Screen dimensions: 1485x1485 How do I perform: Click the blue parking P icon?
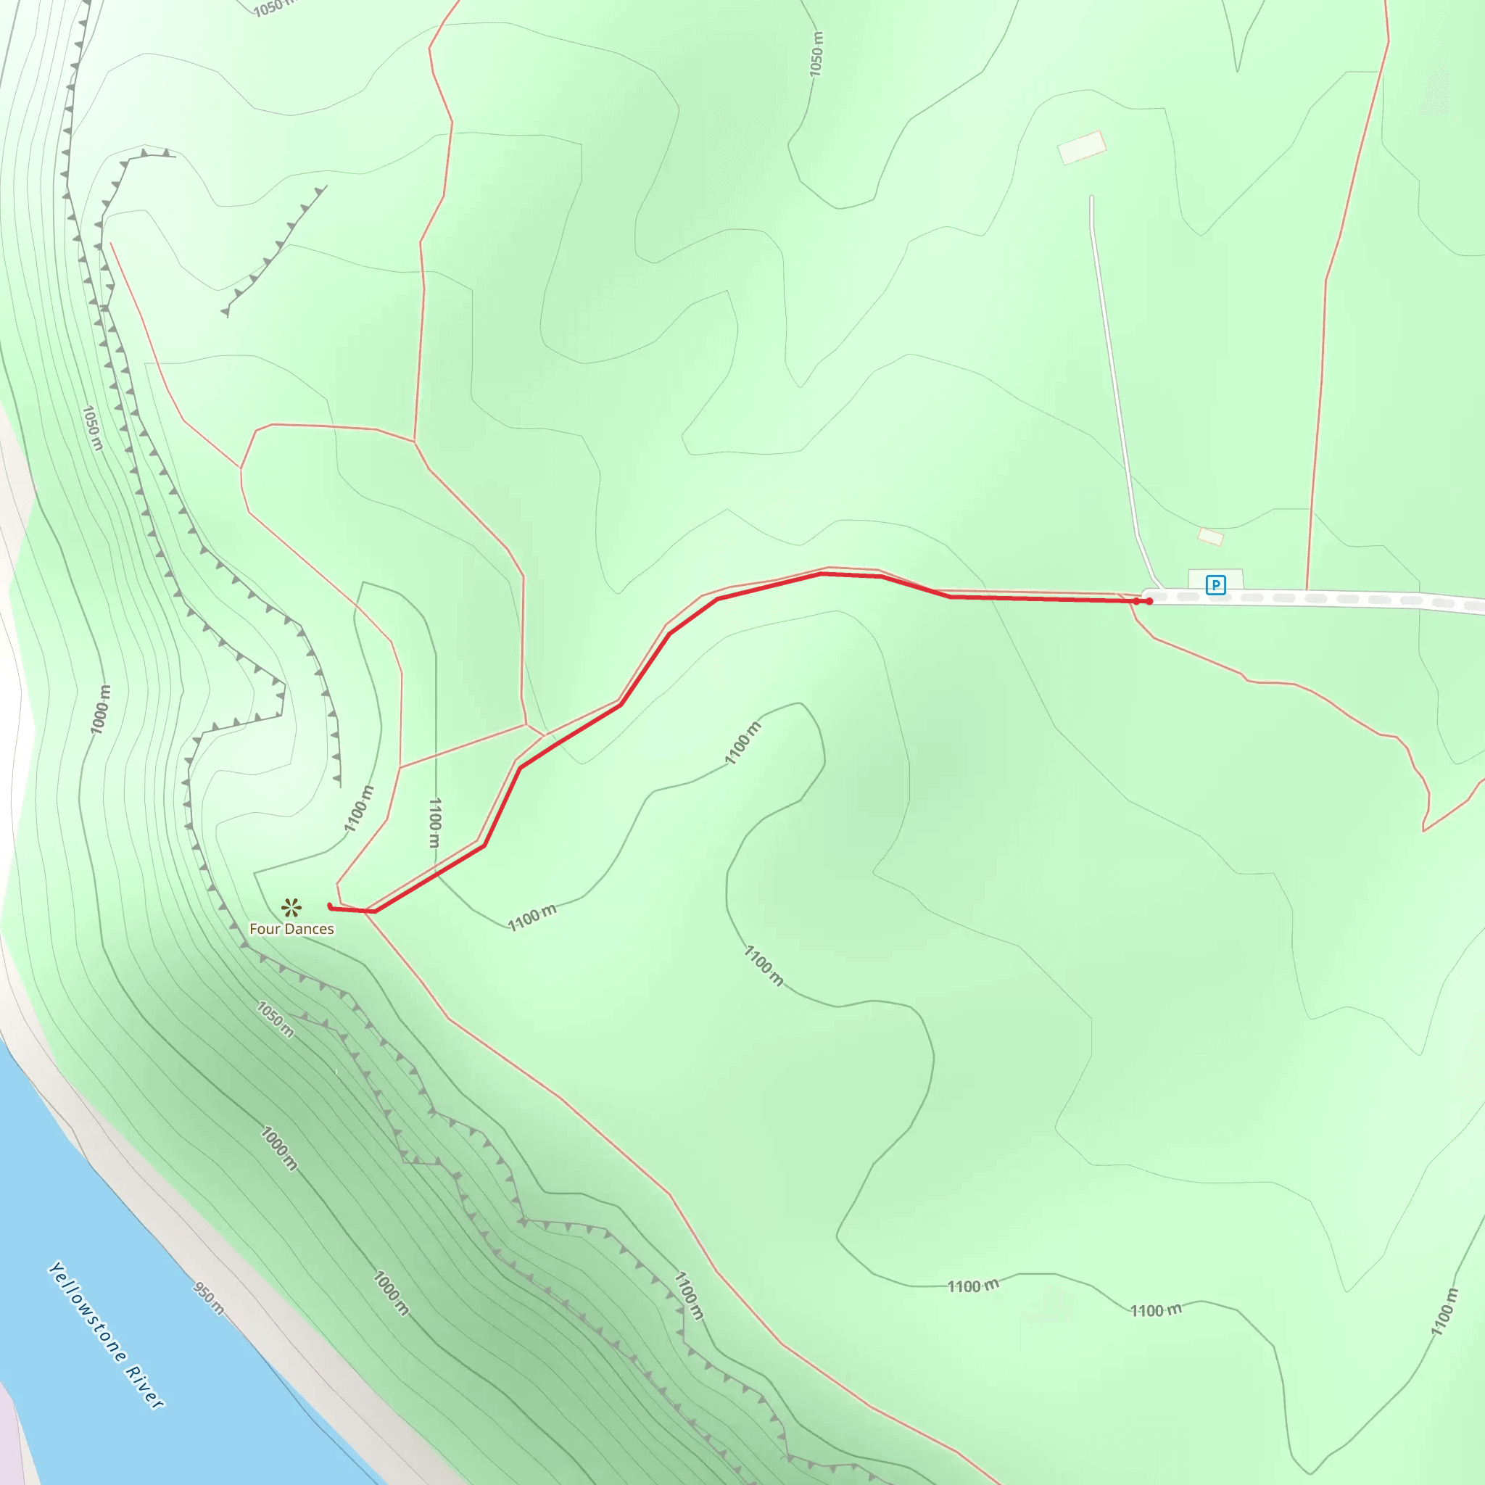tap(1215, 585)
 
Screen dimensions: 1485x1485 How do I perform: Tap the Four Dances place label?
tap(291, 929)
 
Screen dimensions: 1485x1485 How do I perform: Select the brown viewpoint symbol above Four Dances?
tap(291, 908)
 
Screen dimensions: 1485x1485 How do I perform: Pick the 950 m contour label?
tap(209, 1298)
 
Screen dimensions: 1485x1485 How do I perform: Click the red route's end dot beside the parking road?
tap(1149, 601)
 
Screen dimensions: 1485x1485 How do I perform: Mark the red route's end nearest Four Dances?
tap(330, 906)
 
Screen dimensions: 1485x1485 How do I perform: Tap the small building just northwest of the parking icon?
tap(1211, 536)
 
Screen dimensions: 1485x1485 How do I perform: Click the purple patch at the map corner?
tap(9, 1437)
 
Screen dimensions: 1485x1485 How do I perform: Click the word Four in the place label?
tap(265, 929)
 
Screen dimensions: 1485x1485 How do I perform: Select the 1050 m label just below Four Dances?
tap(275, 1019)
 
